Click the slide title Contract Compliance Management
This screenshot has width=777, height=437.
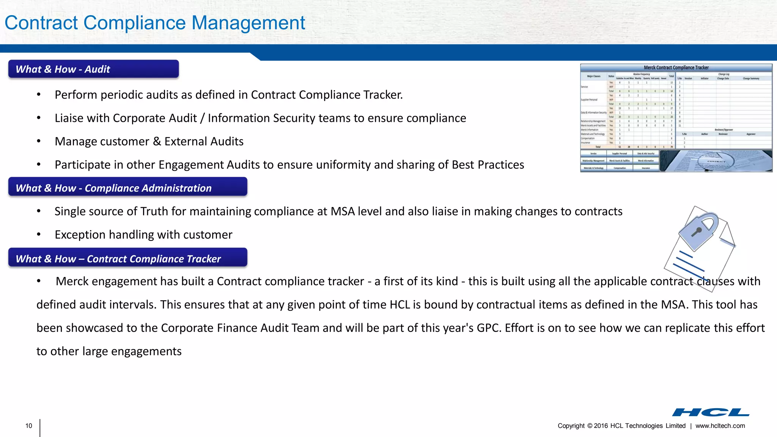[155, 23]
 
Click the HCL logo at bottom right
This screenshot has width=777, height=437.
[711, 412]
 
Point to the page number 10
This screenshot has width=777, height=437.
[29, 426]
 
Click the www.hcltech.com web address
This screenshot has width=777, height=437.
[720, 426]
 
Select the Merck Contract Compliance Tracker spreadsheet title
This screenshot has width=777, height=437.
[676, 68]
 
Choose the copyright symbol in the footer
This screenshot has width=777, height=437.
[590, 426]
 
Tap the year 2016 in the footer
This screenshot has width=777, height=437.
[601, 426]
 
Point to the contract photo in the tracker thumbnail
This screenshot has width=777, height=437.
[716, 161]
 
